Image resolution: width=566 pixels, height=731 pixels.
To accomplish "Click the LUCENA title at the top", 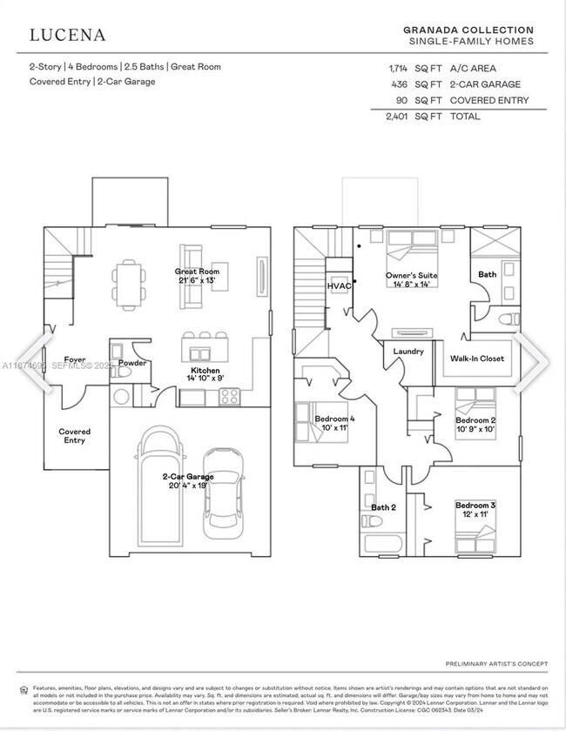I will (x=68, y=35).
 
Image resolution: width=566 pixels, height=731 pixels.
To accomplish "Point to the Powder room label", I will (x=131, y=363).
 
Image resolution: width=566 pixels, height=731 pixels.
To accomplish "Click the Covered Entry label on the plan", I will (x=74, y=436).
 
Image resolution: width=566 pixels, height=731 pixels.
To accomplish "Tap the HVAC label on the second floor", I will (x=339, y=285).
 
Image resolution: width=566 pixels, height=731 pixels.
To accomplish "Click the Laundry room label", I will (x=408, y=352).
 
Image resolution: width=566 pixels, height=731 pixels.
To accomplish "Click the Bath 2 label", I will (x=384, y=507).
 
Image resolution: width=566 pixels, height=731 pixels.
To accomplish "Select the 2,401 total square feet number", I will (x=396, y=116).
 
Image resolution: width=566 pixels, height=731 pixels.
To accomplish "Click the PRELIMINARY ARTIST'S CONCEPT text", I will (x=496, y=664).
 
